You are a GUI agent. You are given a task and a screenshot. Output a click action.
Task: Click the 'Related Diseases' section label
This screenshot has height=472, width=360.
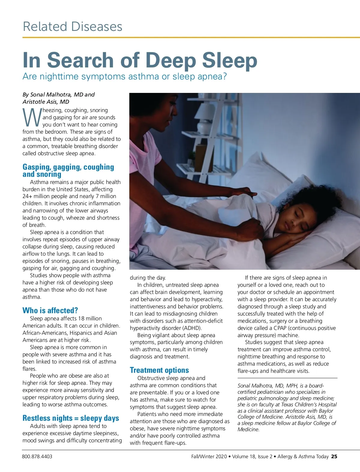73,26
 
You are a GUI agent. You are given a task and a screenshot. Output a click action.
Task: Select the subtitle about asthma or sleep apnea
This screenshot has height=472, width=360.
124,76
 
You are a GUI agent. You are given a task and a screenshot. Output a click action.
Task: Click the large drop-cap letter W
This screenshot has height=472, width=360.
32,118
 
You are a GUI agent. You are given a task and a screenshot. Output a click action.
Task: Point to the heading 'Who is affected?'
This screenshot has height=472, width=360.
50,310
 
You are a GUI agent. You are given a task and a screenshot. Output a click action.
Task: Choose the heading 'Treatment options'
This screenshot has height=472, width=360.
159,370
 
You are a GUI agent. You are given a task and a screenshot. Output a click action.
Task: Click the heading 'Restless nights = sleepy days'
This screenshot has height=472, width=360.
70,418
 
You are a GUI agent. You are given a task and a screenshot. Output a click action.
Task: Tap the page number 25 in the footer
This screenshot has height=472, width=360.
334,456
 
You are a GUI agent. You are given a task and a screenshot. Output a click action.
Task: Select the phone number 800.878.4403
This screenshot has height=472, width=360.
37,456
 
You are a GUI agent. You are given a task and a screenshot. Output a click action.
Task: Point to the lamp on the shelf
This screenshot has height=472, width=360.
206,115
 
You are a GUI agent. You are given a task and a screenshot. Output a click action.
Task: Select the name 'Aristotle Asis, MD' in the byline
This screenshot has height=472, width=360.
46,102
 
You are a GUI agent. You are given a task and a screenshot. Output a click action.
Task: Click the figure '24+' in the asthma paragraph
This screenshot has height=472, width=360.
28,196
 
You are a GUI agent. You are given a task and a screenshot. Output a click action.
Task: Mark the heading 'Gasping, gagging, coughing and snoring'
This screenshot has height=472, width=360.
68,171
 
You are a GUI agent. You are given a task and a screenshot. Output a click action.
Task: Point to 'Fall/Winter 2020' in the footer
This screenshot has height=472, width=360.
209,456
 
